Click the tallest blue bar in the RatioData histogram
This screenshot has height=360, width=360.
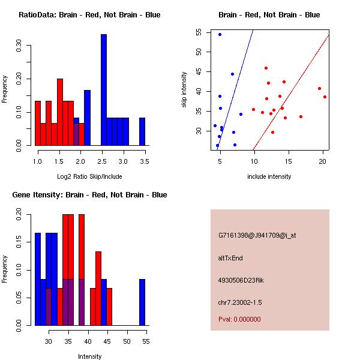point(103,90)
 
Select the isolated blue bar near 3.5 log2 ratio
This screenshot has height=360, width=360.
point(142,131)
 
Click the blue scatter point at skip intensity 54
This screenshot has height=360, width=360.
point(220,34)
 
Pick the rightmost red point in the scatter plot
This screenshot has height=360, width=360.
point(325,97)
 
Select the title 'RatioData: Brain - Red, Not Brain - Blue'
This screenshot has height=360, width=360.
point(89,15)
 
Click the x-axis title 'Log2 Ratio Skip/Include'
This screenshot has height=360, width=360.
point(89,176)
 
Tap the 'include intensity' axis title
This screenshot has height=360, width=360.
point(269,176)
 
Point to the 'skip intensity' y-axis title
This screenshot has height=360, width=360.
point(184,90)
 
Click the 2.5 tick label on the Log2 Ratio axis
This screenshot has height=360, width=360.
point(103,162)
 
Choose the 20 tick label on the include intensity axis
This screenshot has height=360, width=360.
point(323,162)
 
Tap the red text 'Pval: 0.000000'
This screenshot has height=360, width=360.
point(239,319)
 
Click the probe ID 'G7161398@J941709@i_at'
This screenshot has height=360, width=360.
point(257,235)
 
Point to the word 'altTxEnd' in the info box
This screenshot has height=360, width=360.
point(230,258)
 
